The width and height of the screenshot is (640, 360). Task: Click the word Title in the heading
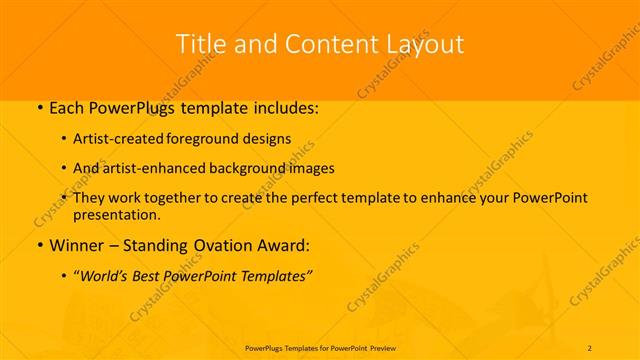199,44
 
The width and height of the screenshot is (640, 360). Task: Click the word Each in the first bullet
68,107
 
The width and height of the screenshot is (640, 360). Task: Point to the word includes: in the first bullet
284,107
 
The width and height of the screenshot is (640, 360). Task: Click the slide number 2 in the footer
590,347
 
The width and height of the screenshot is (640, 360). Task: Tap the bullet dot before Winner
39,246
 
